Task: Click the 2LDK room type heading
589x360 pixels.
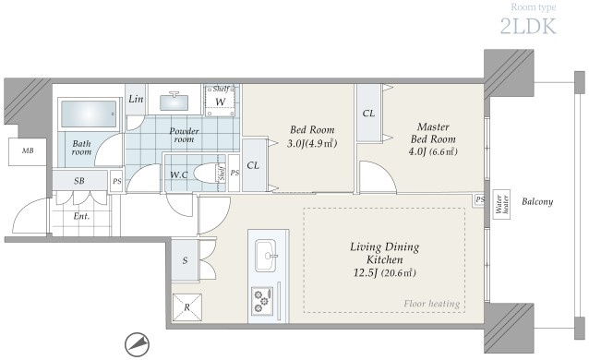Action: (x=528, y=26)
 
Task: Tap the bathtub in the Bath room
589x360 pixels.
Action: (x=89, y=114)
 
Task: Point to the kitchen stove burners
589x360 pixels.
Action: (x=262, y=301)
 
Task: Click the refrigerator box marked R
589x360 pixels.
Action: (x=187, y=307)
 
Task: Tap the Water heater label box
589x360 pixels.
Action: (x=501, y=204)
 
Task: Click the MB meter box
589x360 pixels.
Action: (x=28, y=151)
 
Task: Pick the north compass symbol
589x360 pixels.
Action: (x=138, y=344)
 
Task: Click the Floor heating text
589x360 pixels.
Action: (x=432, y=304)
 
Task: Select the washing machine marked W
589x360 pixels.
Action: (x=221, y=101)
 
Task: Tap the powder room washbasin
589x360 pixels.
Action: (x=174, y=102)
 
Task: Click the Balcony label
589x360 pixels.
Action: (x=537, y=202)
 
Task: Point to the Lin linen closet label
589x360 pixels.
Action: (x=136, y=99)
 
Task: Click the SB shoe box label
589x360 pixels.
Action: (x=79, y=181)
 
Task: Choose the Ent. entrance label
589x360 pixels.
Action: (x=81, y=216)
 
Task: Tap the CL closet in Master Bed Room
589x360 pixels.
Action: (x=369, y=114)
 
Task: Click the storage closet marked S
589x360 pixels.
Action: (x=185, y=259)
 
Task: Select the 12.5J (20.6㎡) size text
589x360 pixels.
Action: (x=385, y=273)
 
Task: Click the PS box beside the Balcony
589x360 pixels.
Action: (x=479, y=199)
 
